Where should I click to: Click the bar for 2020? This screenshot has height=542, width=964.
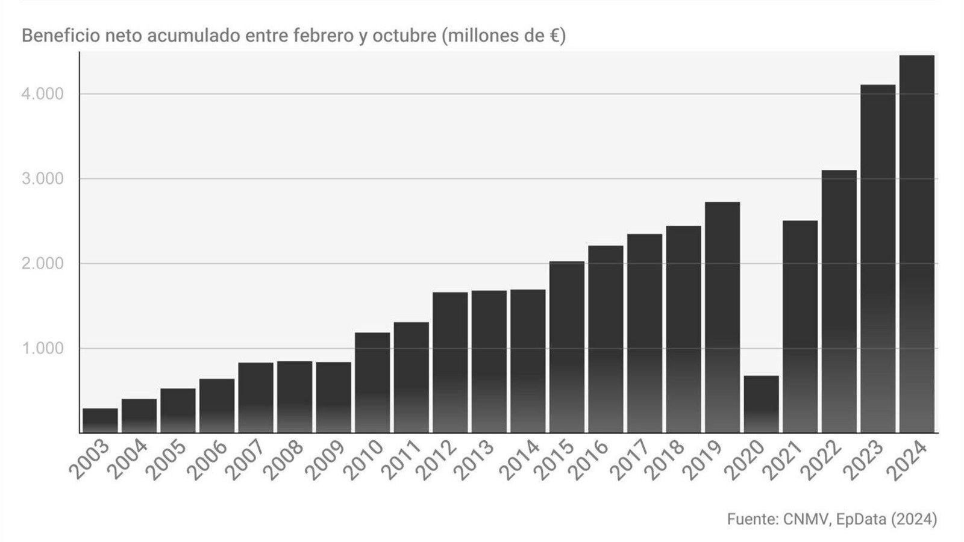click(x=762, y=404)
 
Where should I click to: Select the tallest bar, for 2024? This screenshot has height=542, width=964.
click(x=916, y=244)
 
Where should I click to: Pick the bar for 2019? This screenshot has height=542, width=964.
click(x=722, y=317)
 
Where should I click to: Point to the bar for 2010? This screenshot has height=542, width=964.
click(x=372, y=382)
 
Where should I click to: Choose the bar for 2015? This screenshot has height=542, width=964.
click(x=567, y=347)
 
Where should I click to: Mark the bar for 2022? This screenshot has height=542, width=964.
click(x=839, y=301)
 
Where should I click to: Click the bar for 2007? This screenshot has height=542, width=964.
click(x=255, y=397)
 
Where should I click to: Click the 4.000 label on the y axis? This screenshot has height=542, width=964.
click(x=42, y=94)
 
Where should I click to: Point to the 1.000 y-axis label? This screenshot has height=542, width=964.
click(x=42, y=349)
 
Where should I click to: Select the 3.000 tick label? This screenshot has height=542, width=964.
click(x=42, y=179)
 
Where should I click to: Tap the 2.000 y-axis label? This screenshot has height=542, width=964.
click(x=42, y=264)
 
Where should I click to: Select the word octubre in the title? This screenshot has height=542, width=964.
click(x=404, y=36)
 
